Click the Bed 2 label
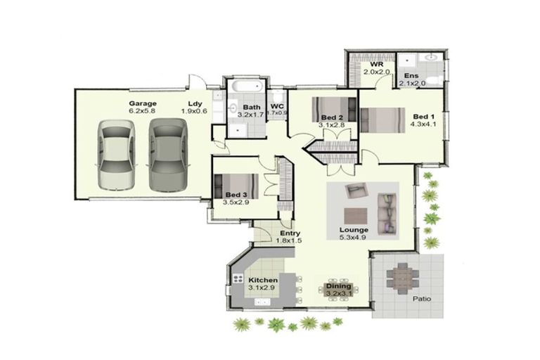(331, 117)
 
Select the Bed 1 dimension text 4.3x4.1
(423, 124)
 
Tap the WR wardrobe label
(376, 65)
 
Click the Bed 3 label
(236, 194)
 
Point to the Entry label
(290, 233)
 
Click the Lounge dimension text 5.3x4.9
(354, 238)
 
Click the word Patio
(422, 298)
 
